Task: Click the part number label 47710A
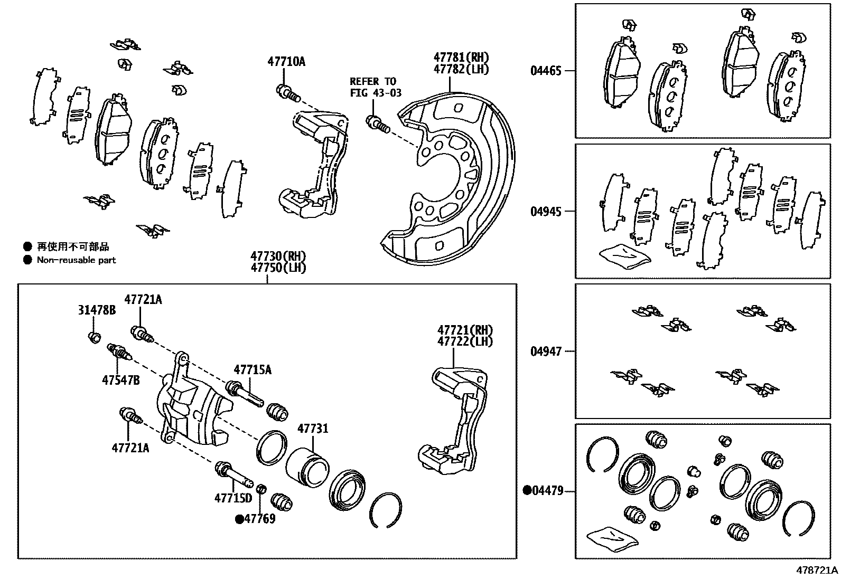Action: [286, 62]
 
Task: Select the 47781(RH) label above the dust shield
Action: [461, 57]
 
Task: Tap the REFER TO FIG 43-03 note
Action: [375, 87]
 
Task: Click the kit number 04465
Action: [546, 71]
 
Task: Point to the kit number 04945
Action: [546, 212]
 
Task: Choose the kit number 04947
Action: [546, 351]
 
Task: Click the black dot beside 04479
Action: [527, 491]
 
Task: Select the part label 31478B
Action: [97, 310]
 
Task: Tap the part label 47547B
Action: [120, 379]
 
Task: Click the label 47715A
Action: [253, 370]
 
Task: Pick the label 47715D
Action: [233, 498]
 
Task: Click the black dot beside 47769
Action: [239, 519]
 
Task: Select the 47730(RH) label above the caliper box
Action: [278, 256]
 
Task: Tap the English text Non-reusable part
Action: [76, 260]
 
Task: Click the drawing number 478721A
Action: [817, 571]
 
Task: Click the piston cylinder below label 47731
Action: [307, 468]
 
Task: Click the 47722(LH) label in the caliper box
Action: [464, 341]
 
